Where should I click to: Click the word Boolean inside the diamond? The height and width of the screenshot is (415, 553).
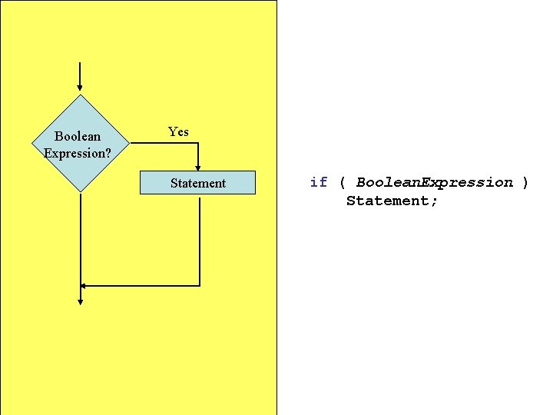pyautogui.click(x=77, y=137)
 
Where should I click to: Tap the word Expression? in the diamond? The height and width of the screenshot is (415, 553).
pyautogui.click(x=77, y=154)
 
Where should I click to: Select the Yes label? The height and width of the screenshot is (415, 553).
pyautogui.click(x=178, y=132)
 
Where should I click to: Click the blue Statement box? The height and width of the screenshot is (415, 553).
pyautogui.click(x=197, y=183)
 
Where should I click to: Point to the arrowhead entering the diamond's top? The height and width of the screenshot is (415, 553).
pyautogui.click(x=80, y=89)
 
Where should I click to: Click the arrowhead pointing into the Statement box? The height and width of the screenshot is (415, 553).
pyautogui.click(x=198, y=167)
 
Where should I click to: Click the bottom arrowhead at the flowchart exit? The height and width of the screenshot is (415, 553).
pyautogui.click(x=80, y=300)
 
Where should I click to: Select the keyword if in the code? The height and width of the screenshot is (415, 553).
pyautogui.click(x=318, y=182)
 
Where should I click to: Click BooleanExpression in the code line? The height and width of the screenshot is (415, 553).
pyautogui.click(x=434, y=182)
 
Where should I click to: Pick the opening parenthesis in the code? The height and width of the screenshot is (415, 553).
pyautogui.click(x=342, y=182)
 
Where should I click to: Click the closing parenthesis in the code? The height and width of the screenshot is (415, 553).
pyautogui.click(x=525, y=182)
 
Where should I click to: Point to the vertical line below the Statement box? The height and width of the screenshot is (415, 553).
pyautogui.click(x=200, y=238)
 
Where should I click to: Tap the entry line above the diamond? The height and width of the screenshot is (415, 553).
pyautogui.click(x=80, y=73)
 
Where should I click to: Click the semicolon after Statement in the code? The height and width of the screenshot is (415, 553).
pyautogui.click(x=435, y=201)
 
